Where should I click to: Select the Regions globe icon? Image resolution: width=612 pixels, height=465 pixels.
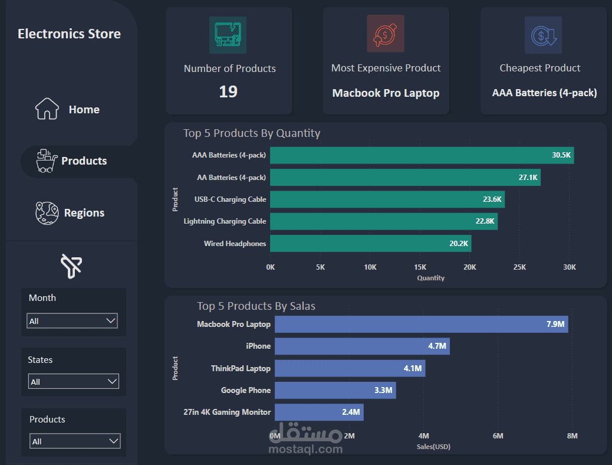coord(47,213)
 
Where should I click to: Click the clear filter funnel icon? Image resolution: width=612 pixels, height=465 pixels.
coord(71,266)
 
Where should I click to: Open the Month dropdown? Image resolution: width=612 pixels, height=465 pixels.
coord(72,320)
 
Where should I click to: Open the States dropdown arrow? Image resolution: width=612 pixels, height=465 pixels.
coord(113,381)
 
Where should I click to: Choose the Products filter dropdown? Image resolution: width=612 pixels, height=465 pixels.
coord(74,441)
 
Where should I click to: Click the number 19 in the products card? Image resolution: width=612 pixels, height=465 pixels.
coord(228,92)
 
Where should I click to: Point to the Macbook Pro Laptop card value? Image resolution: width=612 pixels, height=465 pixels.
coord(386,93)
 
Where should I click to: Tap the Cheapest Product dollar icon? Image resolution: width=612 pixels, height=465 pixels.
coord(542,35)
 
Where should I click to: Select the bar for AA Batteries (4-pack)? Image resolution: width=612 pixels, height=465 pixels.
coord(405,178)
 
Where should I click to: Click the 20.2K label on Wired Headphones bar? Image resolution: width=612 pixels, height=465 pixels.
coord(458,243)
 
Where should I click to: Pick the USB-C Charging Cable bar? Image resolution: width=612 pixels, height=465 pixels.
coord(387,199)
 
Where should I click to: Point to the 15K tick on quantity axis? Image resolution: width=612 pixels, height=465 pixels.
coord(420,267)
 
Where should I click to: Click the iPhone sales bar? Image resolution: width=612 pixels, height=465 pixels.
coord(362,346)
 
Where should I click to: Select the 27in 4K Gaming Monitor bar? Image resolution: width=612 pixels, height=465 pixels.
coord(319,412)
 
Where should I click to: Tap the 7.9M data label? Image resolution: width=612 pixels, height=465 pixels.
coord(555,324)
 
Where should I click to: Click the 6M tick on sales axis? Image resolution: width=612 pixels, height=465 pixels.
coord(498,436)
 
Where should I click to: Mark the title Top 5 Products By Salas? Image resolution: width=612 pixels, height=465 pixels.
coord(256,306)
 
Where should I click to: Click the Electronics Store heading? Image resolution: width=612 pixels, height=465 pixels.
coord(69,34)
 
